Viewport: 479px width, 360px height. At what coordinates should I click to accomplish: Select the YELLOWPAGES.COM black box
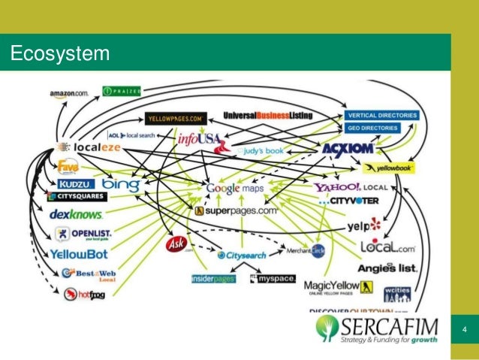coord(176,118)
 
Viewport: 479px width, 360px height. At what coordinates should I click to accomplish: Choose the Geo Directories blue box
coord(381,129)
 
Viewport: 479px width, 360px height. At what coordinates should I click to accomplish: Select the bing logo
coord(120,183)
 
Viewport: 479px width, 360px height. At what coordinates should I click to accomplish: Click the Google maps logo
coord(235,189)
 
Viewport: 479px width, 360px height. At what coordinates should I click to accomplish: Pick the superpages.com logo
coord(236,211)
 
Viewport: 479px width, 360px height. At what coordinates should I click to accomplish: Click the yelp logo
coord(364,225)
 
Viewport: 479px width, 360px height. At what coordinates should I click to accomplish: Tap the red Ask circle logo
coord(176,245)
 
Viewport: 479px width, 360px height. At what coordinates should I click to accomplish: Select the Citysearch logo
coord(243,256)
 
